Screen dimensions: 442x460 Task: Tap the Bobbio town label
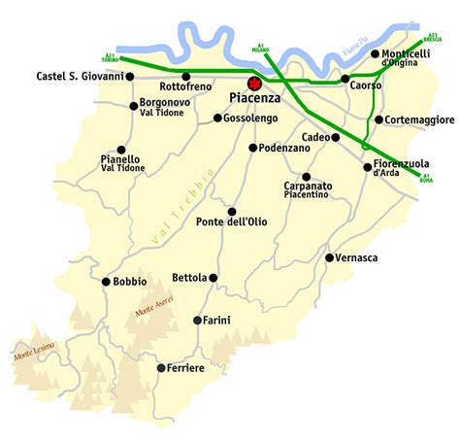click(129, 283)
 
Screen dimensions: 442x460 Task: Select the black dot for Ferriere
click(159, 368)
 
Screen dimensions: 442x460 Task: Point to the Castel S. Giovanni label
click(81, 76)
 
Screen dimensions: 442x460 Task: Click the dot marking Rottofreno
click(185, 76)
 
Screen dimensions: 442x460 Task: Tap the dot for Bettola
click(214, 278)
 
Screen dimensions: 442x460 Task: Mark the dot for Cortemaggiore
click(378, 119)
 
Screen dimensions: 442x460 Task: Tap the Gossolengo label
click(250, 118)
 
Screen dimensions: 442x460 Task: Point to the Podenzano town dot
click(252, 148)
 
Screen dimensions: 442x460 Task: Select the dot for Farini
click(198, 321)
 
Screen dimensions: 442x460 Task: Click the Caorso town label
click(367, 85)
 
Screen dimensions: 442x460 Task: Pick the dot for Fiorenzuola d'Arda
click(367, 167)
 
